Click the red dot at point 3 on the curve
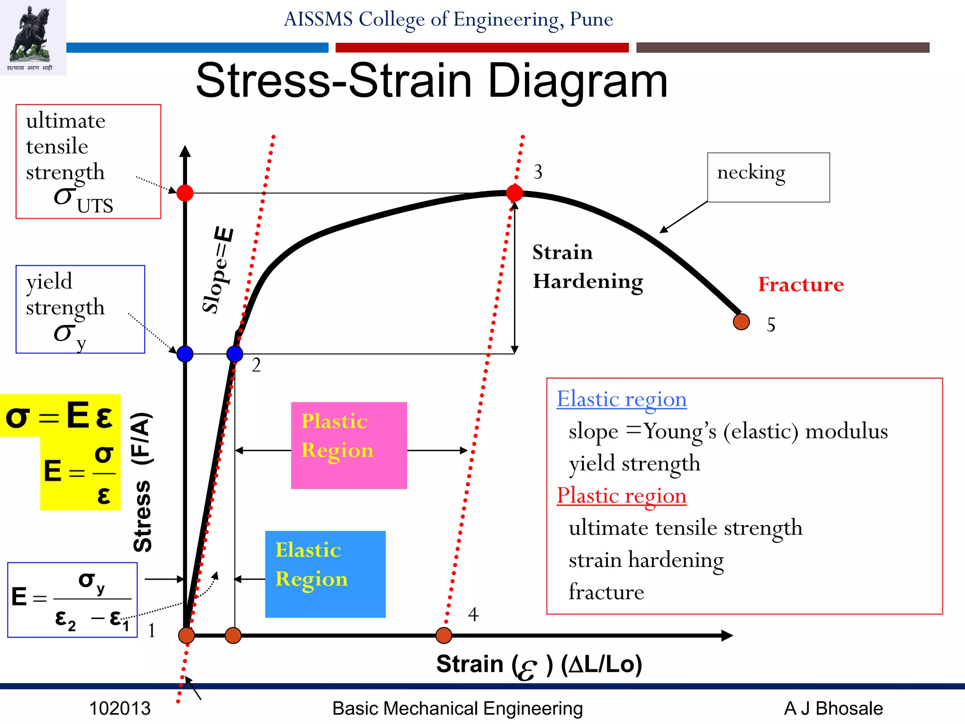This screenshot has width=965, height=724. tap(514, 193)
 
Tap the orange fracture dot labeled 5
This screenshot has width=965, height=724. tap(741, 322)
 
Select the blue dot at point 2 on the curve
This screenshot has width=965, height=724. tap(235, 354)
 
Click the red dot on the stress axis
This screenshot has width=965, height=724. tap(185, 193)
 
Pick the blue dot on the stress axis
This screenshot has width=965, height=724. tap(185, 354)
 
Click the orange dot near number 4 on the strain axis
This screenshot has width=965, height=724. tap(443, 635)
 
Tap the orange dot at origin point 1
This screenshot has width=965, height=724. tap(187, 635)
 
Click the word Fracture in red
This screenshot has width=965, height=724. tap(801, 284)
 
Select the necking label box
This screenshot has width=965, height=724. tap(768, 177)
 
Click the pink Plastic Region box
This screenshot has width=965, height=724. tap(349, 445)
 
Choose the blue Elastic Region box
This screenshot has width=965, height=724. tap(325, 574)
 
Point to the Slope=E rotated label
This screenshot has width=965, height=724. tap(218, 270)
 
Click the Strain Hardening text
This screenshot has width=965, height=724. tap(587, 267)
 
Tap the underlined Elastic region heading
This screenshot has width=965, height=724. tap(621, 399)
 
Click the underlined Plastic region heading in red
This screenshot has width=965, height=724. tap(621, 496)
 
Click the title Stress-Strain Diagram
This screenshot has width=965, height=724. tap(432, 81)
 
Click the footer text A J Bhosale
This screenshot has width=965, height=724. tap(833, 708)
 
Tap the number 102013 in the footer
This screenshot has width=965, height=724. tap(120, 708)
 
